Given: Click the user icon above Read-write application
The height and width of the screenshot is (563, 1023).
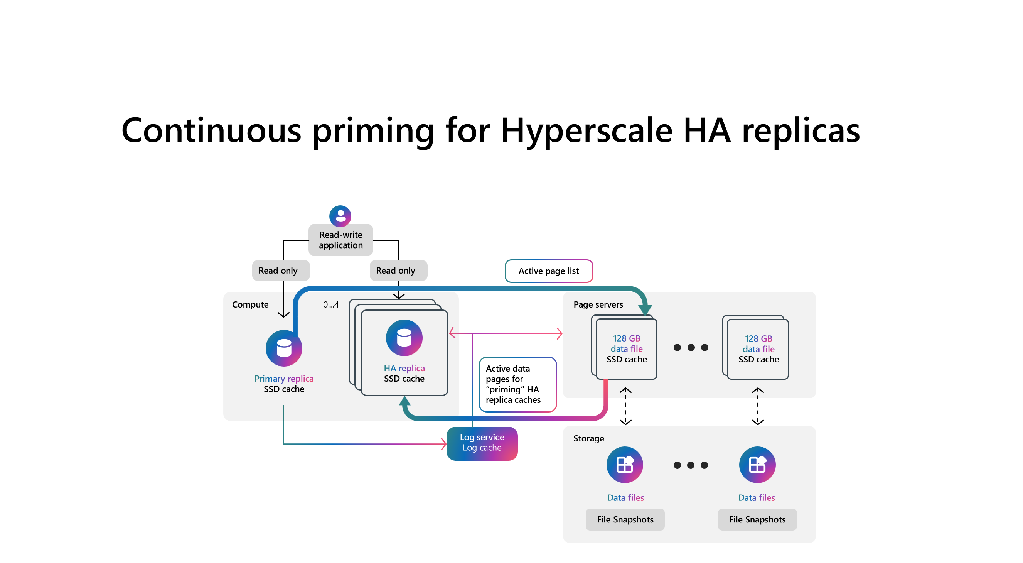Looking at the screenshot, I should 340,216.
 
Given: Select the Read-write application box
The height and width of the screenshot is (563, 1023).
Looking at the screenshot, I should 341,240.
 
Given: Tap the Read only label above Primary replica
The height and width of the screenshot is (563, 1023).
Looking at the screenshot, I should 278,271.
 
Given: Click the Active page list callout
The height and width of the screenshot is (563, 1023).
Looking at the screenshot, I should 548,271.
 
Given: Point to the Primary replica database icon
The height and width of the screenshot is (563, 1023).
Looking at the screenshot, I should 283,348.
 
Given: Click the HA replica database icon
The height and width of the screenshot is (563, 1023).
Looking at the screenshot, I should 404,338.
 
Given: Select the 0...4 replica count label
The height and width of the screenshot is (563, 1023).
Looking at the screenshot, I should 330,305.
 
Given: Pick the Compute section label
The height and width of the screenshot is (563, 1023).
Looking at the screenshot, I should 250,305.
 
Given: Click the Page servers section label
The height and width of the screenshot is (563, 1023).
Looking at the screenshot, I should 598,305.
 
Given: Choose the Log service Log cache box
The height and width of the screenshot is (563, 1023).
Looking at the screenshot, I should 482,443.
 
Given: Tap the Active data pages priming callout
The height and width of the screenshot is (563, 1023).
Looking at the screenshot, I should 517,384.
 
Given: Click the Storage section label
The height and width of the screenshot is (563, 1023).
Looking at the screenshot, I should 588,438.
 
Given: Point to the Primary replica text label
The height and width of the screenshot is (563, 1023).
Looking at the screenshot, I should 283,379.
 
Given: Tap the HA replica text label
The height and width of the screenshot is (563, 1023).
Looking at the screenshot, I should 404,368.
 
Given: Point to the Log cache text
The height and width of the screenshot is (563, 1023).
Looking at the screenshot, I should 482,448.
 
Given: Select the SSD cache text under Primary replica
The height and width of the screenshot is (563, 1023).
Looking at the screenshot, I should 283,389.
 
